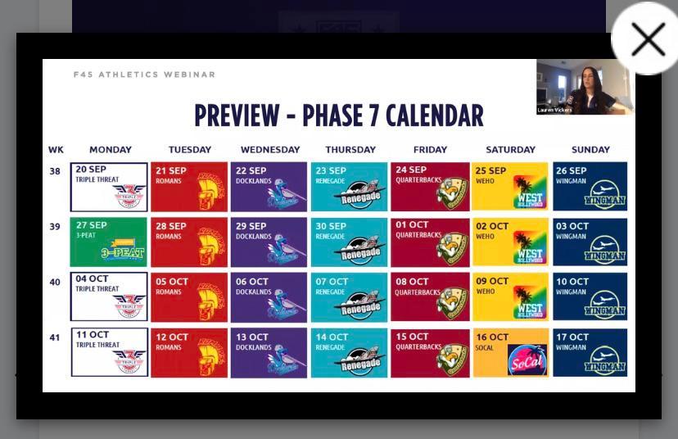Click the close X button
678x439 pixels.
click(x=647, y=39)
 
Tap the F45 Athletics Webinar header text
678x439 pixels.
click(x=144, y=75)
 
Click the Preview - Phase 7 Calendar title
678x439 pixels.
click(x=338, y=115)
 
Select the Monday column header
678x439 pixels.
click(x=110, y=150)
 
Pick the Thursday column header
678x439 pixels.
click(x=350, y=150)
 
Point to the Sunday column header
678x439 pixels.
click(x=590, y=150)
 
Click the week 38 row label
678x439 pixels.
click(x=55, y=171)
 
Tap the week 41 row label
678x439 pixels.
click(x=55, y=337)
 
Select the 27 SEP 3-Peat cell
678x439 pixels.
click(x=109, y=242)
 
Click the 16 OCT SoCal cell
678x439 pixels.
click(x=510, y=352)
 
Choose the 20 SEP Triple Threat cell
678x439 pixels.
click(x=109, y=187)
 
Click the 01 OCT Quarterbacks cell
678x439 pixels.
click(x=430, y=242)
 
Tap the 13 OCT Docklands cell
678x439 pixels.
click(x=269, y=352)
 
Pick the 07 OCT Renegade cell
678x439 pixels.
click(x=350, y=296)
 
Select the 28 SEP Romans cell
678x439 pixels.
click(x=189, y=242)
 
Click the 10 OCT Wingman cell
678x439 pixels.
click(x=590, y=296)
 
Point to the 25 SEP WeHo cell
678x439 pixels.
click(x=510, y=187)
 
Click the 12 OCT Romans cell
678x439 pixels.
click(x=189, y=352)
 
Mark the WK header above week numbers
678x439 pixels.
click(x=56, y=150)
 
